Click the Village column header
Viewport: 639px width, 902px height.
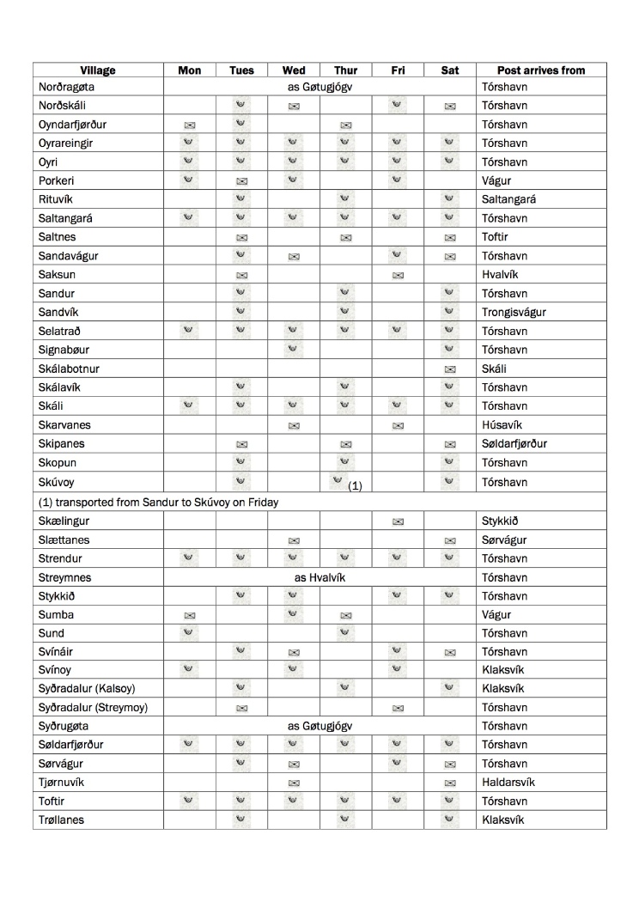click(x=98, y=70)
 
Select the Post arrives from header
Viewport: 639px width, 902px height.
click(x=541, y=70)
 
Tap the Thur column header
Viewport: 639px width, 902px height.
click(x=345, y=70)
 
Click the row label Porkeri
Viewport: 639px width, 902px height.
click(x=57, y=180)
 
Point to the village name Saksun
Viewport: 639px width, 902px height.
click(x=55, y=275)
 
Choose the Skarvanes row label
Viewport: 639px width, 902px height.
click(x=64, y=425)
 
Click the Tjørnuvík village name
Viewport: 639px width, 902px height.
click(x=62, y=783)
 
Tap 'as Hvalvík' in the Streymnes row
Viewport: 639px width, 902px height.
click(x=319, y=578)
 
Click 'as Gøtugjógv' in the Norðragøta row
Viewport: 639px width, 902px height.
click(x=320, y=88)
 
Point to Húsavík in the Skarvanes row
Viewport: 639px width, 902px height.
click(x=503, y=425)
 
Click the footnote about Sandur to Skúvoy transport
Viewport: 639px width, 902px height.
click(x=158, y=502)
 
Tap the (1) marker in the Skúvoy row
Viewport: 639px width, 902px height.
click(x=356, y=486)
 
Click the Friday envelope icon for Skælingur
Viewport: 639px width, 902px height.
click(x=398, y=521)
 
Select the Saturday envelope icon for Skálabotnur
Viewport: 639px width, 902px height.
click(x=450, y=369)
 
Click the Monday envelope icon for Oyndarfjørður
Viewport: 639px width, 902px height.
click(x=189, y=125)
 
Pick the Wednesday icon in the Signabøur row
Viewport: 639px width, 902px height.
click(x=293, y=349)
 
